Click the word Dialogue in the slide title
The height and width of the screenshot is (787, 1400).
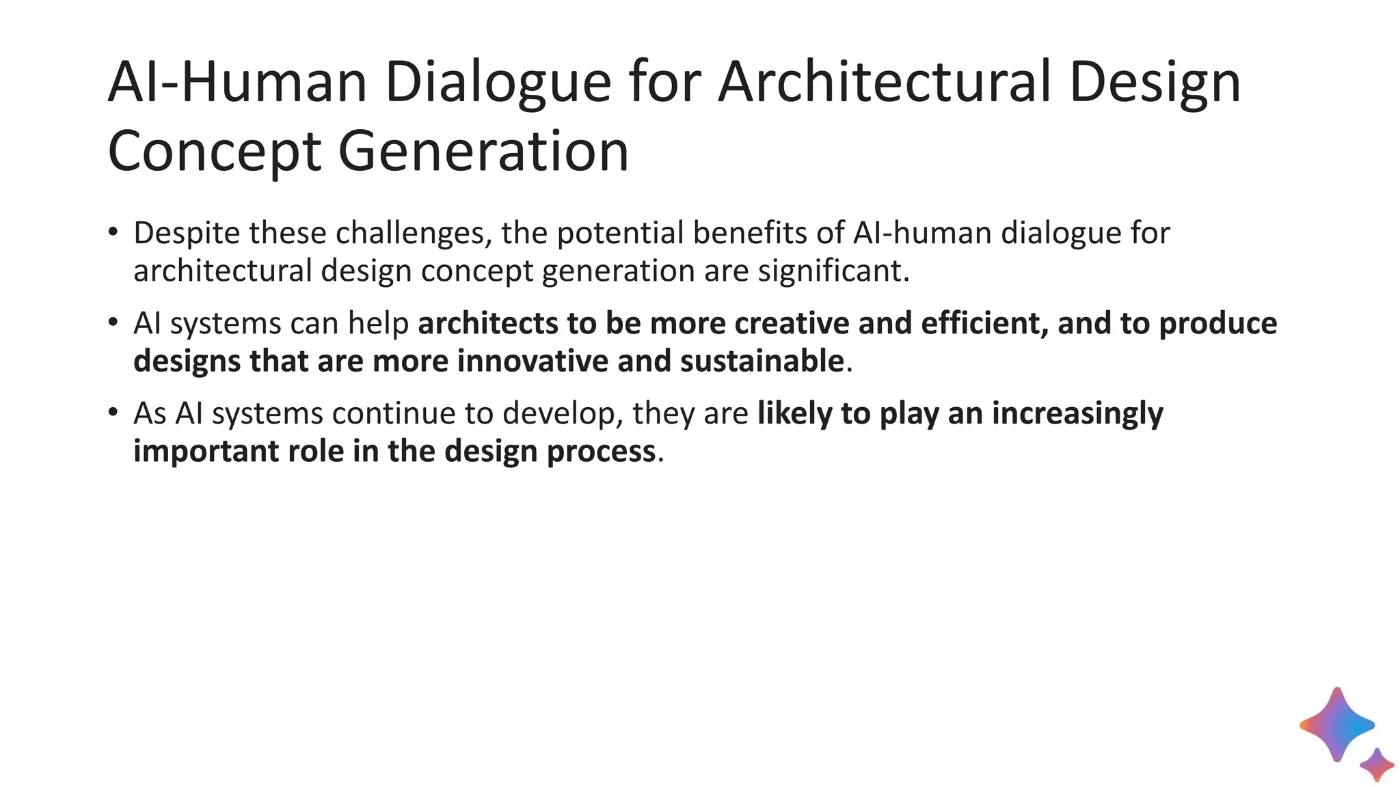pos(498,83)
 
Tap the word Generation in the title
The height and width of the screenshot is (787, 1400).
pos(483,152)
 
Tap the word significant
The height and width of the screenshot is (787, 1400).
pos(833,271)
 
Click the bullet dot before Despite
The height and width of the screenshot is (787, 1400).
pos(113,232)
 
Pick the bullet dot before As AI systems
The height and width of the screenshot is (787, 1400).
pos(113,413)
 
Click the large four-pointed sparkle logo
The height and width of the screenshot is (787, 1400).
pos(1336,725)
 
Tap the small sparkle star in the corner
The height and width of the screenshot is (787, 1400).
pos(1377,764)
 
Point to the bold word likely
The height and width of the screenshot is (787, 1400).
pos(794,413)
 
